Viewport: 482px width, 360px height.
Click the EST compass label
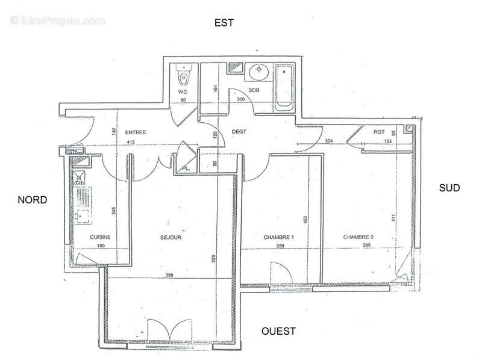[224, 23]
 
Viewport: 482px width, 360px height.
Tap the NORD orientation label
[33, 200]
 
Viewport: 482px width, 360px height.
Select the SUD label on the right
[449, 188]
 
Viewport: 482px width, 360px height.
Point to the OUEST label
[278, 331]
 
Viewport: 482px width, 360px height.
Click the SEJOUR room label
[171, 237]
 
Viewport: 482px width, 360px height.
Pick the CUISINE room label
[101, 237]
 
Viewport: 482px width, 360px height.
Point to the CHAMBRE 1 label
[278, 237]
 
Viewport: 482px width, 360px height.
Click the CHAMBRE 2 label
[358, 237]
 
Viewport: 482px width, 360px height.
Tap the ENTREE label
[136, 132]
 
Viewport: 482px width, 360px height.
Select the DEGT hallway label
[240, 132]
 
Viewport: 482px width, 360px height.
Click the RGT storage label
[379, 132]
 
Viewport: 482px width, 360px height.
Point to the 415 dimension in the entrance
[130, 142]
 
